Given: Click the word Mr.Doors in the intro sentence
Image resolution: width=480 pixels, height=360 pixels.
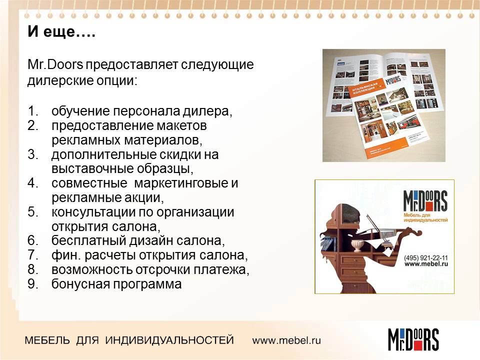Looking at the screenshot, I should pyautogui.click(x=55, y=65).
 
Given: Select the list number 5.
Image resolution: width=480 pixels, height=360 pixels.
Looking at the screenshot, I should pyautogui.click(x=32, y=211).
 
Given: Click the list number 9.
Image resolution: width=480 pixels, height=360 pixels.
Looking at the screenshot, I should pyautogui.click(x=32, y=284).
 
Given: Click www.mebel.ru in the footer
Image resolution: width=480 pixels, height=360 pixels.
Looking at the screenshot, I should pyautogui.click(x=286, y=340).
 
